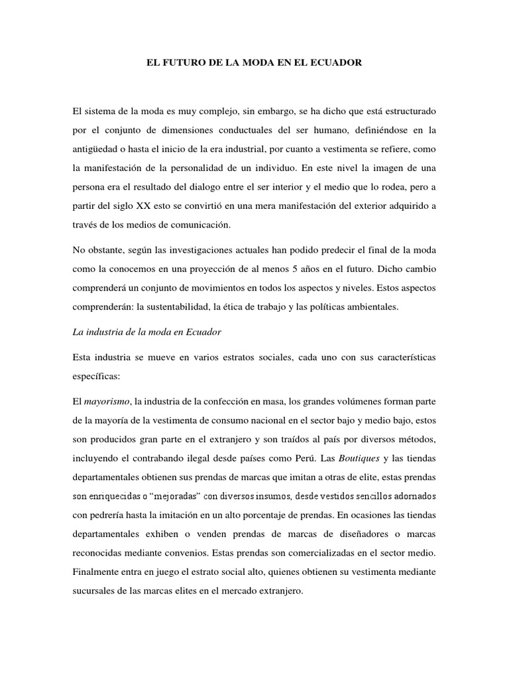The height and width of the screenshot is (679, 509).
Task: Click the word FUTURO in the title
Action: [x=181, y=63]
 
